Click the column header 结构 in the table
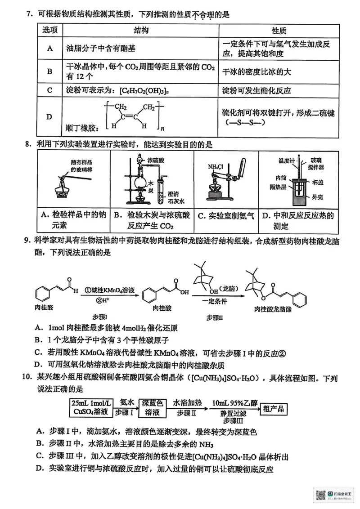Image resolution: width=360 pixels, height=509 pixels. click(x=140, y=31)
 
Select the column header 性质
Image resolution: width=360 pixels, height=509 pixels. click(x=279, y=31)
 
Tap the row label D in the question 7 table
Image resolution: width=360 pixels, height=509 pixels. click(x=49, y=117)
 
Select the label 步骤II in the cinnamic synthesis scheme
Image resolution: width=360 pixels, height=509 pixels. click(x=216, y=317)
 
